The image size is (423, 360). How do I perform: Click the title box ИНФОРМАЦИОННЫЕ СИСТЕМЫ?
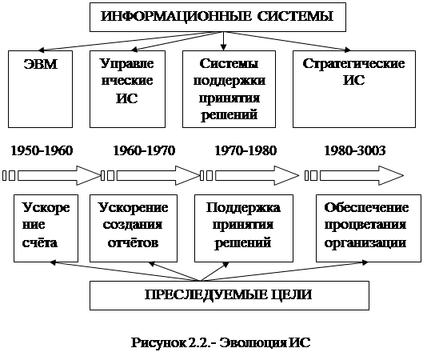217,17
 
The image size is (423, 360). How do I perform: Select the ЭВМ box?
40,89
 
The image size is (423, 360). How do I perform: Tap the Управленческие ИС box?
127,89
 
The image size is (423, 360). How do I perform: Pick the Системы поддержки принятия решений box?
229,89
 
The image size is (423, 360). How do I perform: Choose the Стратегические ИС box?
354,89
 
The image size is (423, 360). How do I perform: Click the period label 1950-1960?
42,150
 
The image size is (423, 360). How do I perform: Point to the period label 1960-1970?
144,150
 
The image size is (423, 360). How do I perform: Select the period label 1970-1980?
245,150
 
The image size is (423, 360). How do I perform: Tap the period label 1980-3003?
355,150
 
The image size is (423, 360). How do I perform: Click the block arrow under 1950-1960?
59,176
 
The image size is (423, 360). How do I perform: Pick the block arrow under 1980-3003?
361,176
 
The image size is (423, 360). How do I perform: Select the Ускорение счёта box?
46,228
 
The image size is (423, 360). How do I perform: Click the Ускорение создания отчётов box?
134,228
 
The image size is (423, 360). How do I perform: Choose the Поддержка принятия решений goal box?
244,228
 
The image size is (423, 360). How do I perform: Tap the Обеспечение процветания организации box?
369,228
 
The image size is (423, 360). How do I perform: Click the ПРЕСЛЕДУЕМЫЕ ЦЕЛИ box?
229,295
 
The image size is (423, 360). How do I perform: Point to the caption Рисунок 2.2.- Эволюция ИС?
221,342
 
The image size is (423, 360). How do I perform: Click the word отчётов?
133,242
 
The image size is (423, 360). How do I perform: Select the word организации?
365,243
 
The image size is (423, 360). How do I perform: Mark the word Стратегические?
353,64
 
